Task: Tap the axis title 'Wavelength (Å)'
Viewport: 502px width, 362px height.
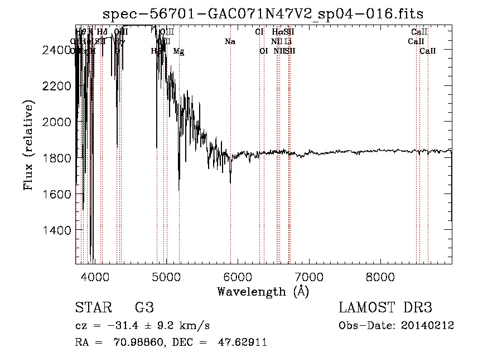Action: point(263,291)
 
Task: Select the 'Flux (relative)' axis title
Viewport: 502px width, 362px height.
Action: point(28,145)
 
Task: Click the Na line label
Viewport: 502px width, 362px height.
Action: point(230,41)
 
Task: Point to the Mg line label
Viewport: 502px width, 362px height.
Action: point(178,51)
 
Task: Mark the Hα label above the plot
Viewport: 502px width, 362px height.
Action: point(277,32)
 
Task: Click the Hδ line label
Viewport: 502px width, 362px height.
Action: point(102,32)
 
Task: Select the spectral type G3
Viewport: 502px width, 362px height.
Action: point(144,308)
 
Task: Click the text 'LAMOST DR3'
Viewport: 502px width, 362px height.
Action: point(385,308)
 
